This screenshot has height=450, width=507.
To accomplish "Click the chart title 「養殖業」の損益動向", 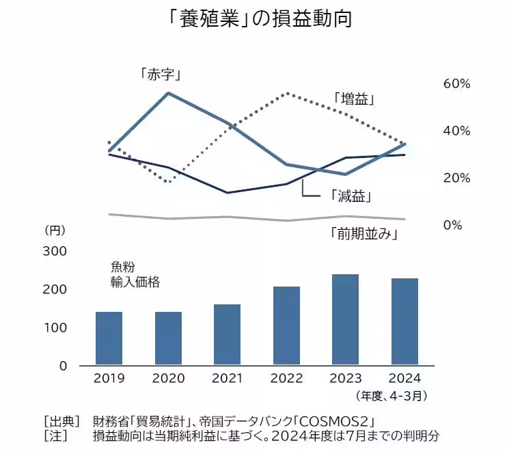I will (x=253, y=19).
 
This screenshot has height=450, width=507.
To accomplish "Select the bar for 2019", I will (x=109, y=338).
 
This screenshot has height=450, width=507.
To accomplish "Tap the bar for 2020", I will (x=168, y=338).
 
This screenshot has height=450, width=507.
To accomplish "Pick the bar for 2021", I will (x=227, y=334).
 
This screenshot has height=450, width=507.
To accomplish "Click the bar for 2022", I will (x=286, y=326).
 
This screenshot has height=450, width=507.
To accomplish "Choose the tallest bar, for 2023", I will (x=345, y=319).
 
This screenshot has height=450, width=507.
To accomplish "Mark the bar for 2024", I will (x=404, y=321).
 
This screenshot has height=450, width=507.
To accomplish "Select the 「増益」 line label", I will (x=355, y=98).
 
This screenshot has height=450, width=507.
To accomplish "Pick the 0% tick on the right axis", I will (x=453, y=224).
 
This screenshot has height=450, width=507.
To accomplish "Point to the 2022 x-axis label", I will (x=286, y=378).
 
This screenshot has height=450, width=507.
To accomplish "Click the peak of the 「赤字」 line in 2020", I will (x=168, y=92).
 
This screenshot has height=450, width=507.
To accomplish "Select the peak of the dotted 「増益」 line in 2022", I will (x=288, y=93).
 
